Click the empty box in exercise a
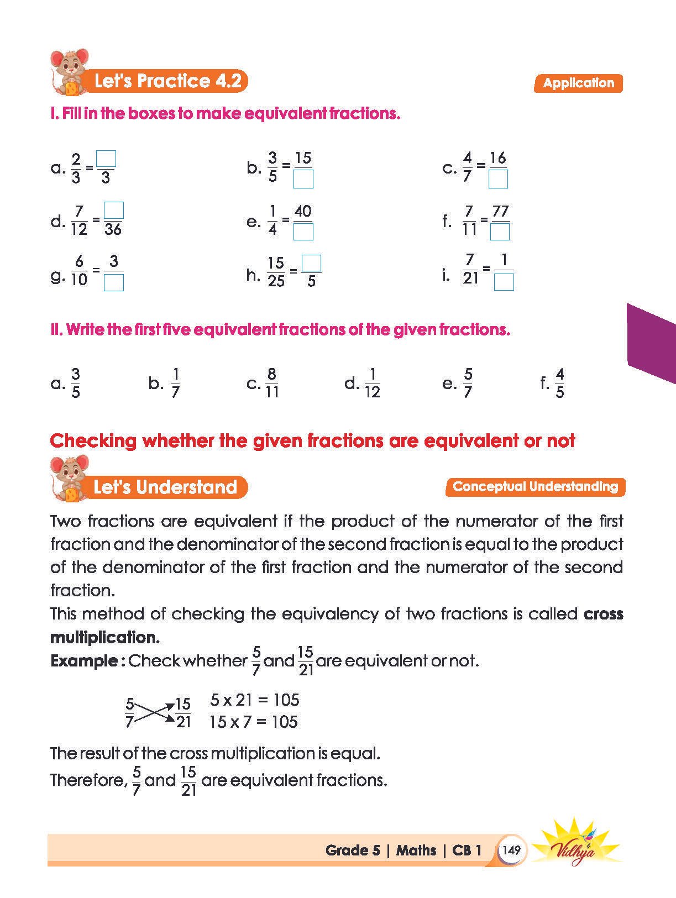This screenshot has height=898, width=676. click(x=106, y=159)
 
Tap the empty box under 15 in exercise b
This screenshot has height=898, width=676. click(x=303, y=179)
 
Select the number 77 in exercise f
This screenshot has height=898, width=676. click(x=500, y=212)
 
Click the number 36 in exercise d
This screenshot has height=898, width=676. click(x=113, y=229)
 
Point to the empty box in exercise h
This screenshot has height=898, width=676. click(x=312, y=263)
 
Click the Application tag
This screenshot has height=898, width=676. click(x=578, y=83)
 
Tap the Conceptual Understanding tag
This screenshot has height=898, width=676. click(x=535, y=487)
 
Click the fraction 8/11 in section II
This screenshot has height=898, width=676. click(x=271, y=383)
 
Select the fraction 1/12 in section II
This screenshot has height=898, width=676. click(x=372, y=383)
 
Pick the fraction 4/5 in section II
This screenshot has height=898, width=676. click(x=559, y=383)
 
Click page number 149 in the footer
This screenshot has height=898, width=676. click(x=512, y=850)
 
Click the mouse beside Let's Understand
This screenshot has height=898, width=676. click(x=69, y=479)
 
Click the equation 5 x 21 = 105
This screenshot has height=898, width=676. click(x=255, y=700)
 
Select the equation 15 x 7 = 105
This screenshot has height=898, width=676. click(x=254, y=722)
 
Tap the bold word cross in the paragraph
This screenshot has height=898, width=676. click(x=603, y=614)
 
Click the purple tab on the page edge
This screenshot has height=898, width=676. click(x=652, y=343)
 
